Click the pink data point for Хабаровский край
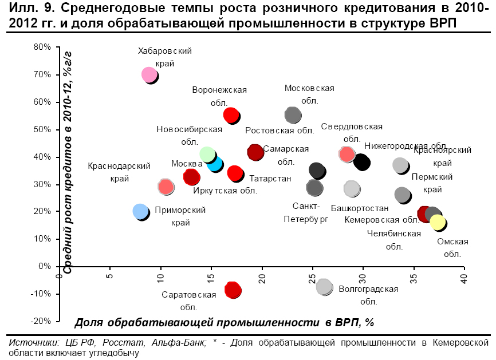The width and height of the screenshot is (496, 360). (149, 74)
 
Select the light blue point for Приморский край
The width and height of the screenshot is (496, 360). (140, 211)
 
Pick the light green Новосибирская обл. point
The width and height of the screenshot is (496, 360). (207, 155)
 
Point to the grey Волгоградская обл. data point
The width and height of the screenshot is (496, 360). (324, 286)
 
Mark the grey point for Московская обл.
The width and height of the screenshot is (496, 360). (292, 114)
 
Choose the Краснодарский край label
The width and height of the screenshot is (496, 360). (119, 172)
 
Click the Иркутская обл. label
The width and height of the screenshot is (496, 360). (225, 191)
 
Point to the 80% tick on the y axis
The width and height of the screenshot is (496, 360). (43, 47)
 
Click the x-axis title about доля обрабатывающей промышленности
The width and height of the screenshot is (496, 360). (224, 322)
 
